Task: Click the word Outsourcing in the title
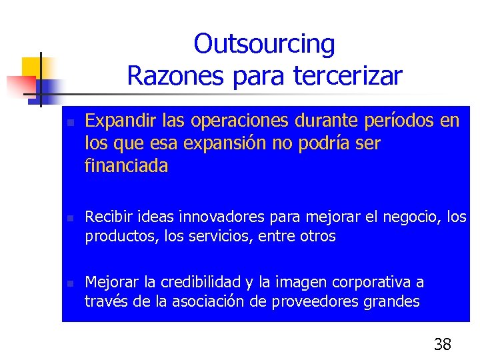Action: [x=265, y=45]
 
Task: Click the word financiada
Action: [x=127, y=166]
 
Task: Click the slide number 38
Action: [x=442, y=344]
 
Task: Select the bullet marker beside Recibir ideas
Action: [x=69, y=218]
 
